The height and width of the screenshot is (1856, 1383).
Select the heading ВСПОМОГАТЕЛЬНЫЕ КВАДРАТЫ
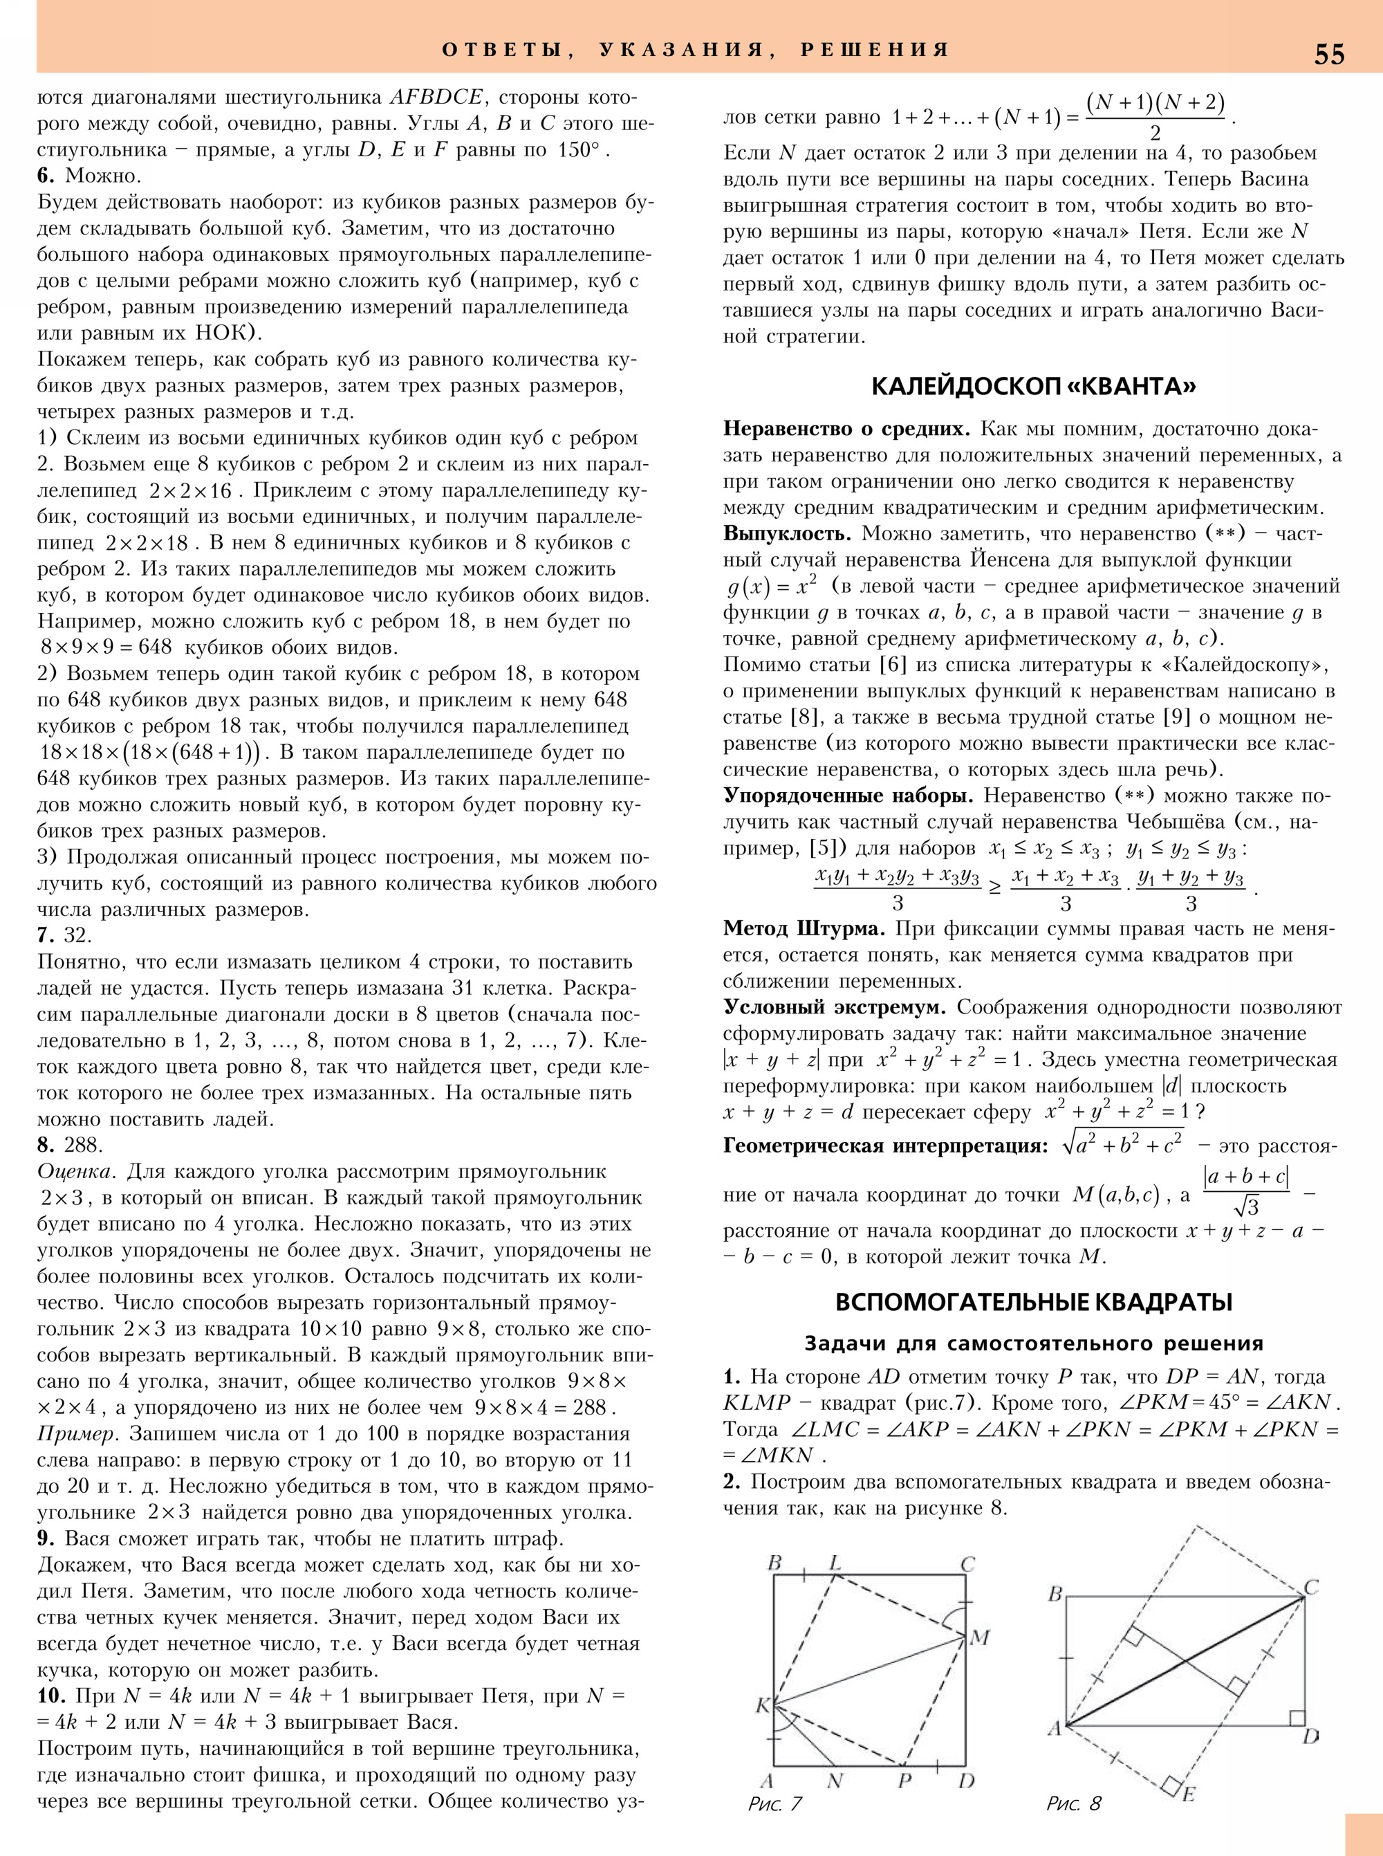(1033, 1303)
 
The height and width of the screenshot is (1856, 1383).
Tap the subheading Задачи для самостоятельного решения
(1033, 1343)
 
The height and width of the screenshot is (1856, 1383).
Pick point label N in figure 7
(835, 1781)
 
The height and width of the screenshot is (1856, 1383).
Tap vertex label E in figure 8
(1188, 1793)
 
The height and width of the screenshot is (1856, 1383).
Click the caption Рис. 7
(774, 1804)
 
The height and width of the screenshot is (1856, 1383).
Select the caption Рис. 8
(1073, 1804)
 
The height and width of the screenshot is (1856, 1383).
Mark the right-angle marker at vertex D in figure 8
(1297, 1718)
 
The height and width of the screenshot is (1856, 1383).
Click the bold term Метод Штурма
(804, 929)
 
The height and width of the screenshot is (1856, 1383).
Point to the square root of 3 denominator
(1245, 1207)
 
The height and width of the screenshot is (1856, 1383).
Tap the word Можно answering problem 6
(103, 176)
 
